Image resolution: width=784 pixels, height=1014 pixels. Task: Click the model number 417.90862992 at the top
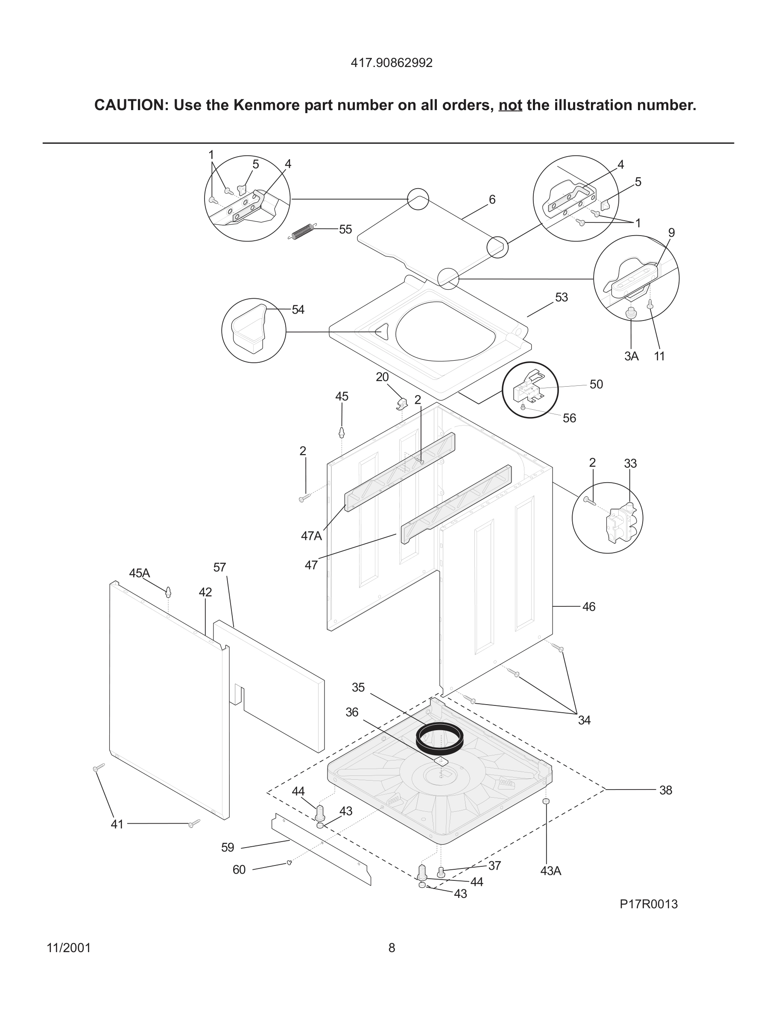391,63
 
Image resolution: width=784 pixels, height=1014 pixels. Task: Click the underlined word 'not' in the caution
510,105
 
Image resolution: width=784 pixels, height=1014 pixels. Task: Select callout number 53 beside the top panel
561,297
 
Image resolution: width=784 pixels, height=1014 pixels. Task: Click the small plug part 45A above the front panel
168,591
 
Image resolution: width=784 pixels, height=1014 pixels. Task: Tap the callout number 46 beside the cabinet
588,606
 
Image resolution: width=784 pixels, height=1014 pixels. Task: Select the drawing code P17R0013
648,904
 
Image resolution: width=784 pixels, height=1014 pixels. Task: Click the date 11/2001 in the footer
69,947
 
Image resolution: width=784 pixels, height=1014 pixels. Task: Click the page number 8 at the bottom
392,947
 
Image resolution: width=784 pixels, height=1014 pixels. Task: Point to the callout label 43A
550,871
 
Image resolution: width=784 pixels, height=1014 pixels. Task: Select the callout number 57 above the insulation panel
219,567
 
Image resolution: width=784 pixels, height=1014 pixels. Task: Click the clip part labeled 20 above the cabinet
402,403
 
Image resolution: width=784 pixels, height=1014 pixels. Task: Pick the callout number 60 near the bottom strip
239,870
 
